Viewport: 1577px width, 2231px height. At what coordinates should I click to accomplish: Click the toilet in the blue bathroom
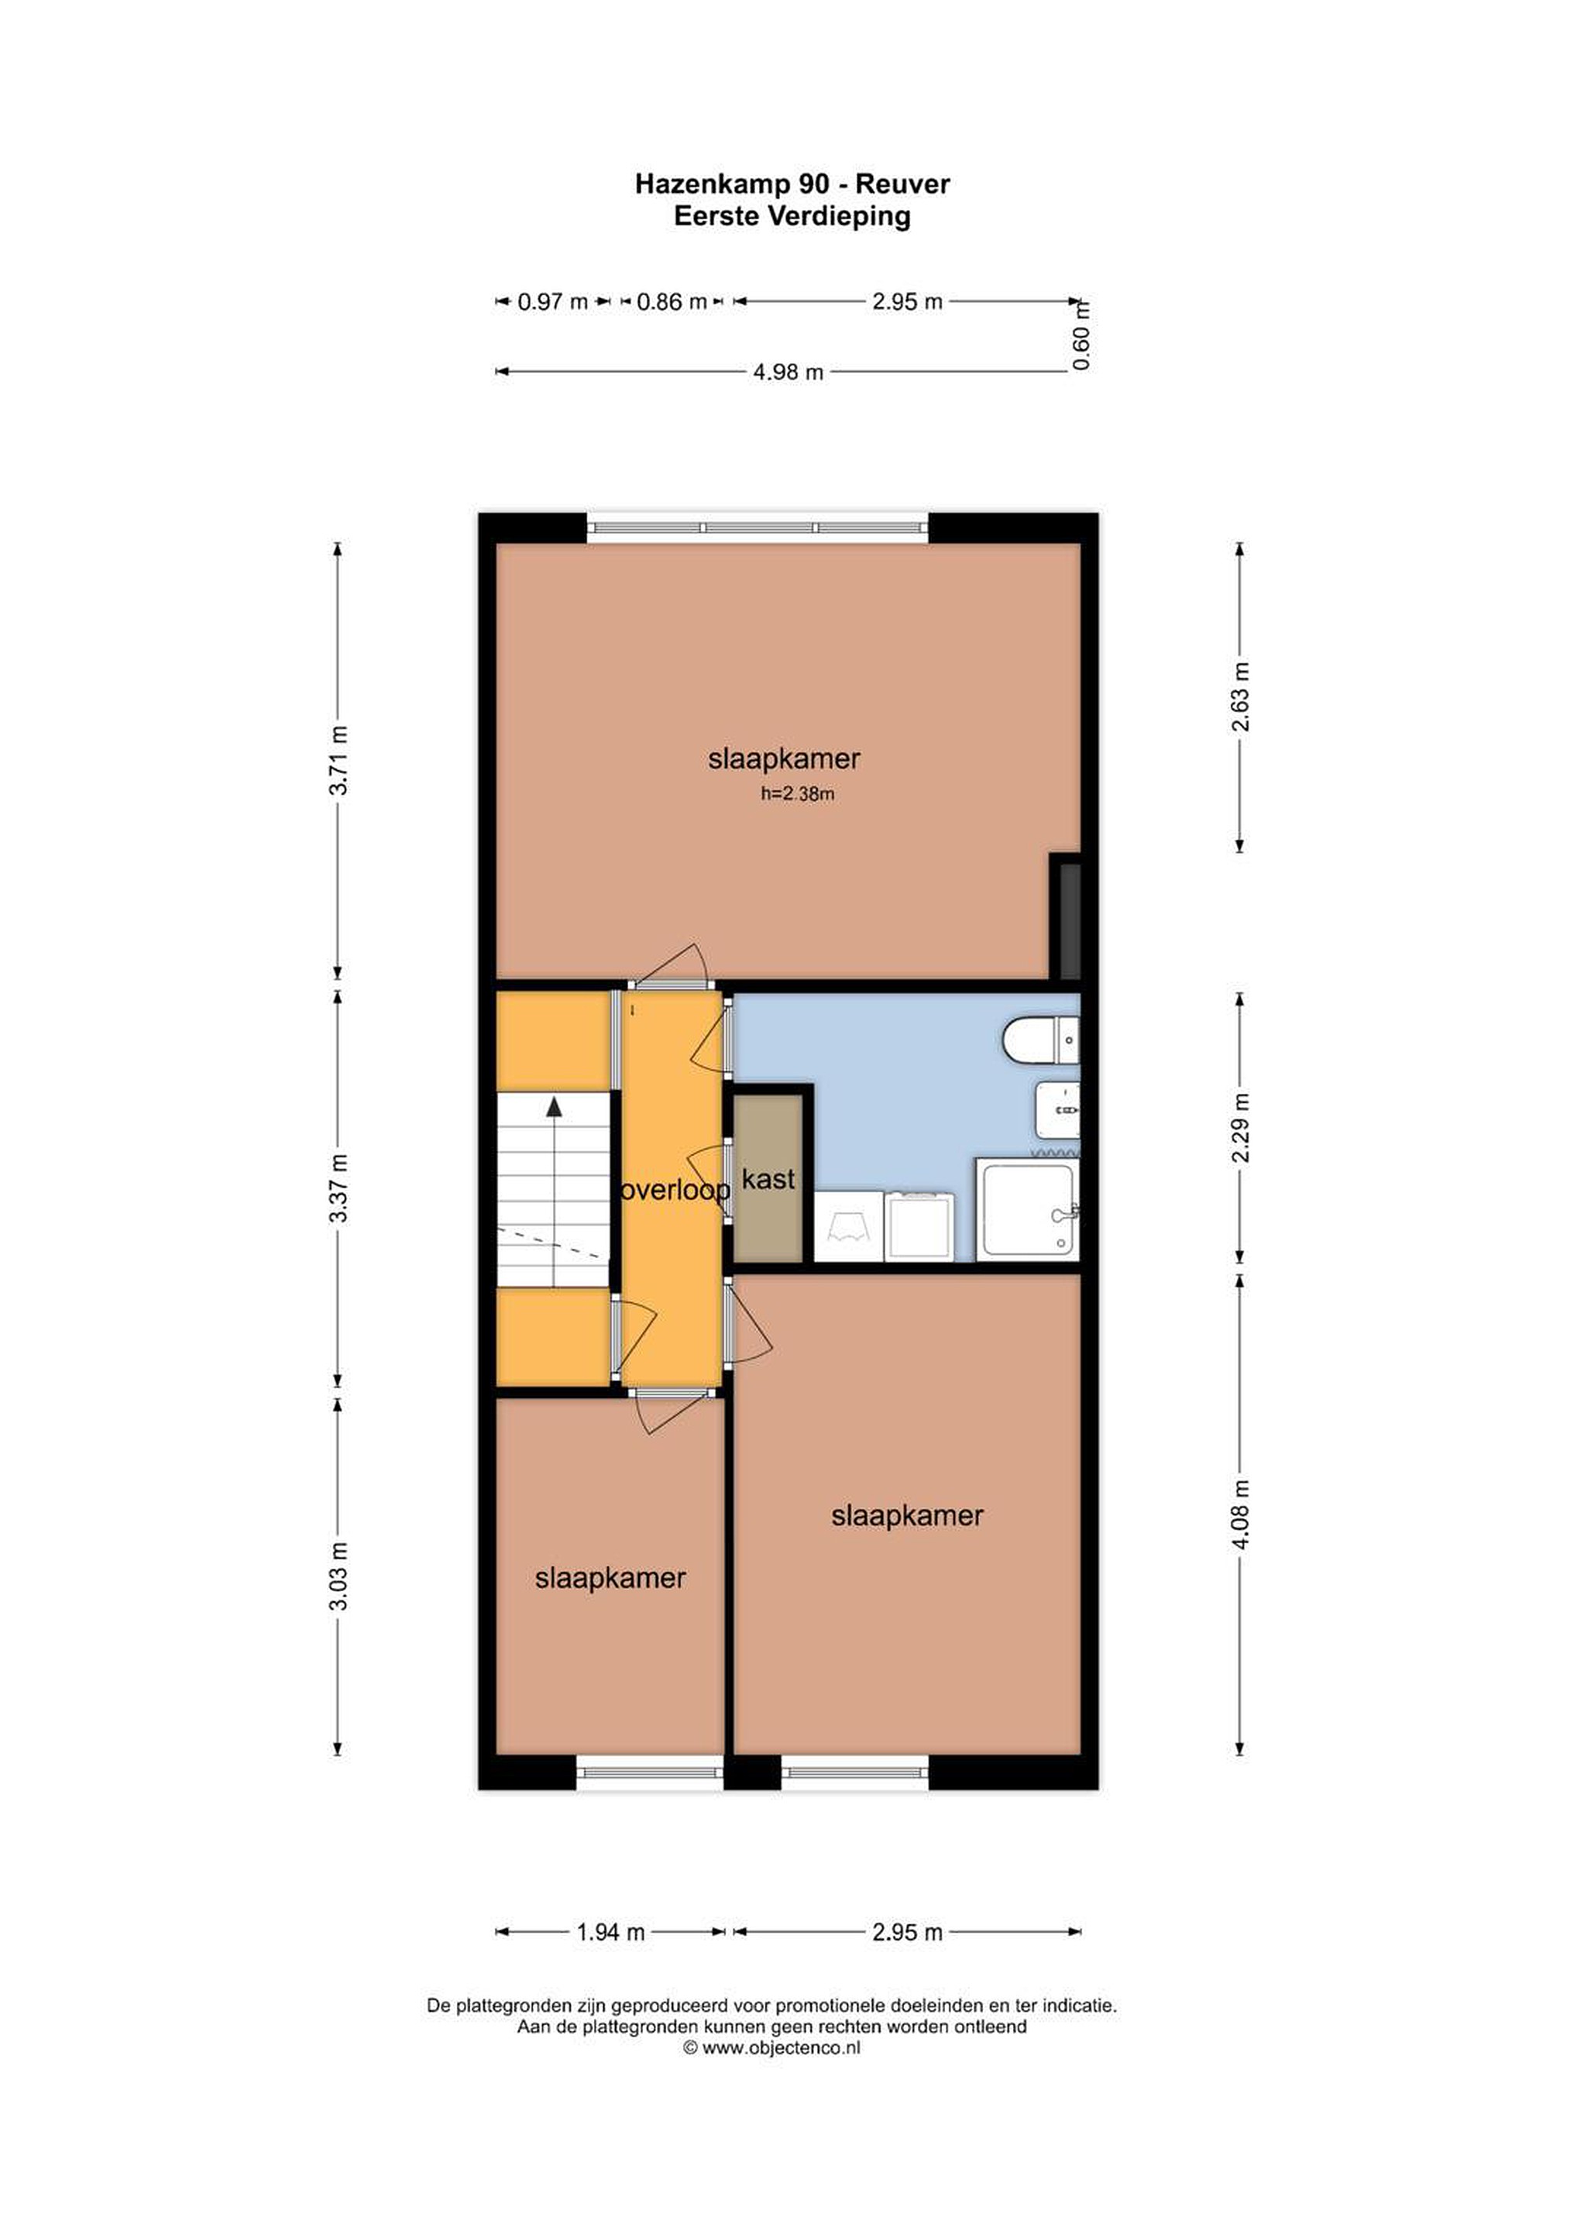[1039, 1040]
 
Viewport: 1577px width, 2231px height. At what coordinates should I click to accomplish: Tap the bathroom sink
[1057, 1109]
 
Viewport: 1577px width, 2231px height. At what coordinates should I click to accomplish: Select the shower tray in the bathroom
[1027, 1211]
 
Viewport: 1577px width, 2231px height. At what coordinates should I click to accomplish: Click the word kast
[768, 1180]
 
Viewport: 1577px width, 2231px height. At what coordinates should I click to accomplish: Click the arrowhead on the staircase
[554, 1105]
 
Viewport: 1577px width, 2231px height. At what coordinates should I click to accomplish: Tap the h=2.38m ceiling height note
[798, 794]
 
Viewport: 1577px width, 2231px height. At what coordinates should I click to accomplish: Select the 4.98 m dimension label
[788, 371]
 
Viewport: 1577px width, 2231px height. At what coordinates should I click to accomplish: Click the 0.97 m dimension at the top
[553, 301]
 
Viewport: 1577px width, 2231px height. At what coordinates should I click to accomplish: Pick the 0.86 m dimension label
[672, 301]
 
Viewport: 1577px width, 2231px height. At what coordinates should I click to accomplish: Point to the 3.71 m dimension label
[338, 760]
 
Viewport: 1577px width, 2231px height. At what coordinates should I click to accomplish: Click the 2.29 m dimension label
[1241, 1127]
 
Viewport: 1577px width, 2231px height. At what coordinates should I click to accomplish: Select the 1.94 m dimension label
[610, 1933]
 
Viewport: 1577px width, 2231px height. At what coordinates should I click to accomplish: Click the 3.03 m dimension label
[338, 1576]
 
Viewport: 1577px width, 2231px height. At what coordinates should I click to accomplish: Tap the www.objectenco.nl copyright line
[771, 2048]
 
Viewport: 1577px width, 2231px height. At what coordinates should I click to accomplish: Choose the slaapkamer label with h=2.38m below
[784, 759]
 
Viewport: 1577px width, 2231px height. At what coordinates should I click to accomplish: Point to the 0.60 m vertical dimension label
[1081, 335]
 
